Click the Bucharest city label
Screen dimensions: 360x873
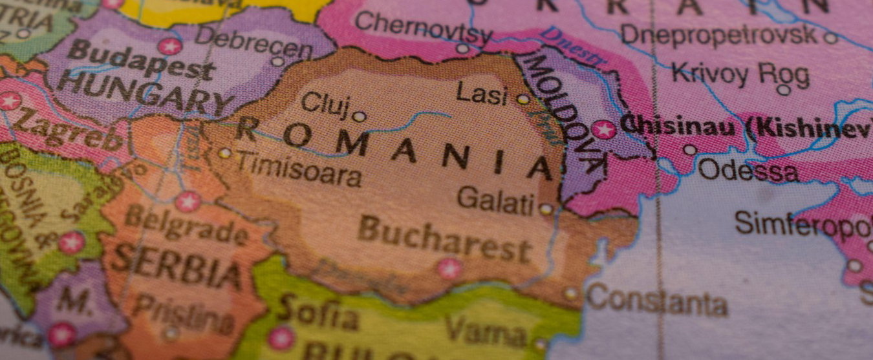click(446, 239)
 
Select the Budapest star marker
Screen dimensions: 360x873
click(170, 47)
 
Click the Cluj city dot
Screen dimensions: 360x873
click(359, 117)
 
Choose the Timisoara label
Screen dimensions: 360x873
click(297, 169)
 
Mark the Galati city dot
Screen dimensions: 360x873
click(546, 209)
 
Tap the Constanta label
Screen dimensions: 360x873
click(656, 300)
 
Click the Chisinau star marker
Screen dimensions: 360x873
click(604, 129)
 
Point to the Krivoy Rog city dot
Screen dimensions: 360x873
click(784, 90)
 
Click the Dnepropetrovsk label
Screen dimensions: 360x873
click(718, 34)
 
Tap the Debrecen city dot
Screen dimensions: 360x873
click(277, 61)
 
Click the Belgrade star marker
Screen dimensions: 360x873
click(188, 202)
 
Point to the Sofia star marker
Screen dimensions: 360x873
click(282, 338)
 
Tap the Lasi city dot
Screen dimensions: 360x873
click(523, 100)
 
